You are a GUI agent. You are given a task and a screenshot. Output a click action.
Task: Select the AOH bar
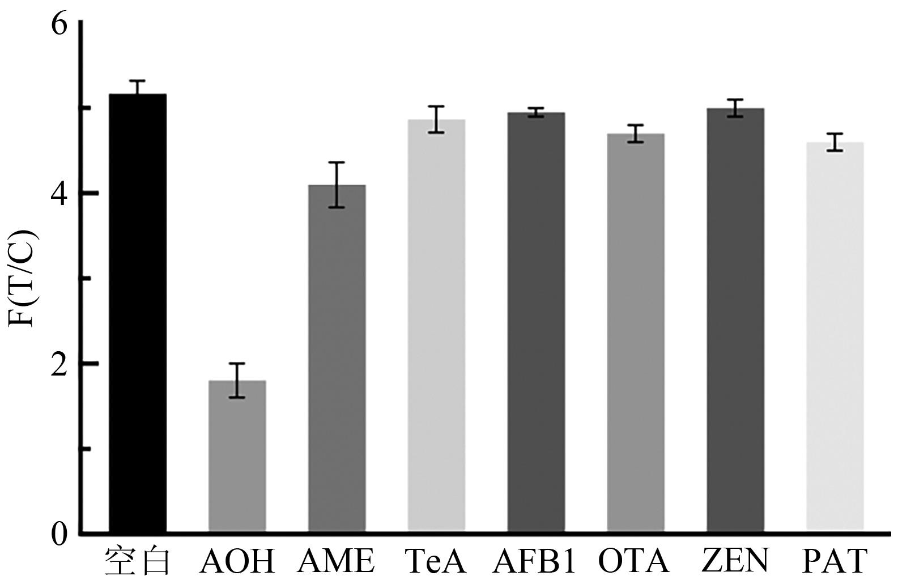pyautogui.click(x=237, y=456)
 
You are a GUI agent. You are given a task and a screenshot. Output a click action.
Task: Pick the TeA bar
pyautogui.click(x=436, y=325)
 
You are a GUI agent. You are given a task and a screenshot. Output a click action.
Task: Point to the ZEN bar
pyautogui.click(x=735, y=319)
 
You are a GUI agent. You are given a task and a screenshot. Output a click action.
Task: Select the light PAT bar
pyautogui.click(x=835, y=336)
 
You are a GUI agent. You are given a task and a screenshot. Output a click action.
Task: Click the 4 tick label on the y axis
pyautogui.click(x=59, y=194)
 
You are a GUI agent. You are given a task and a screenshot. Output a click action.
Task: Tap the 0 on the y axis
pyautogui.click(x=59, y=534)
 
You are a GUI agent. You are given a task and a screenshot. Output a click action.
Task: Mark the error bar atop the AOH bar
pyautogui.click(x=237, y=380)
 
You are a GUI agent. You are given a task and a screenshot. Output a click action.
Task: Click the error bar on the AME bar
pyautogui.click(x=337, y=185)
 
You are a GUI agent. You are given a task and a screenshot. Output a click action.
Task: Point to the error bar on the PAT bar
pyautogui.click(x=835, y=142)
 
